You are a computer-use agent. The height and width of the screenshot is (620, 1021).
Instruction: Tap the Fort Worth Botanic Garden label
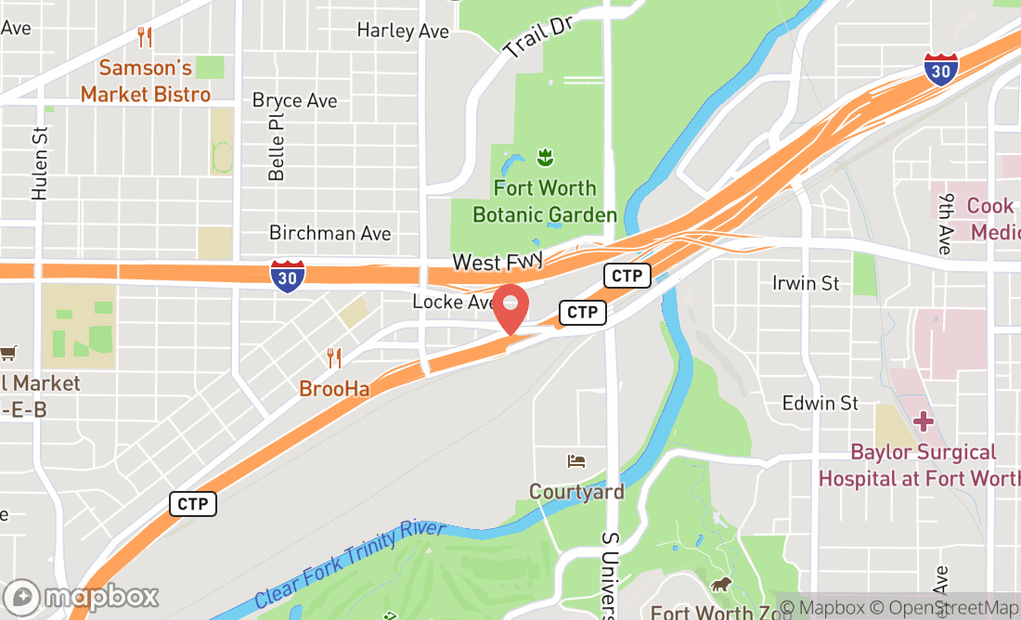coord(545,201)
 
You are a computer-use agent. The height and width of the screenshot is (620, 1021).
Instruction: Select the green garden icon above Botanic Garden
coord(545,156)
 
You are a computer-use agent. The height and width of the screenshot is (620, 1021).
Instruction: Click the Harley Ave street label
coord(403,31)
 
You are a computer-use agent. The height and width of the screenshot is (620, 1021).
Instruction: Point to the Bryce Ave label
coord(294,100)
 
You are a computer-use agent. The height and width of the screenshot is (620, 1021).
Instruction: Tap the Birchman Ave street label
coord(330,233)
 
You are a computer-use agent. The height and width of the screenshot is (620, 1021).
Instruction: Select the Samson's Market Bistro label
coord(145,81)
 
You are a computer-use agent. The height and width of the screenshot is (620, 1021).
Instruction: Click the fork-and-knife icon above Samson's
coord(144,37)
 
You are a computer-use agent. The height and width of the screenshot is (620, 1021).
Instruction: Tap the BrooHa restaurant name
coord(334,389)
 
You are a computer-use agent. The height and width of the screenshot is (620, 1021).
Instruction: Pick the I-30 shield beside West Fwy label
coord(288,276)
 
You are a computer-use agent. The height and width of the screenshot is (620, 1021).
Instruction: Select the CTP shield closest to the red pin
coord(582,312)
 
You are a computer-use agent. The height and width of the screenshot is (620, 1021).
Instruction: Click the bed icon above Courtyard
coord(576,461)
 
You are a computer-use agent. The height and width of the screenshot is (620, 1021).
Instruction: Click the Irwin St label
coord(806,282)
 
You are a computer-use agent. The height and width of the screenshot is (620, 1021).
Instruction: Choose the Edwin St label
coord(821,403)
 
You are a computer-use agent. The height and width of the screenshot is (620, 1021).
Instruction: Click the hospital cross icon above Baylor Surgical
coord(923,420)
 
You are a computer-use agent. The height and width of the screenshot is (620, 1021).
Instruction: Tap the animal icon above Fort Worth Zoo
coord(719,585)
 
